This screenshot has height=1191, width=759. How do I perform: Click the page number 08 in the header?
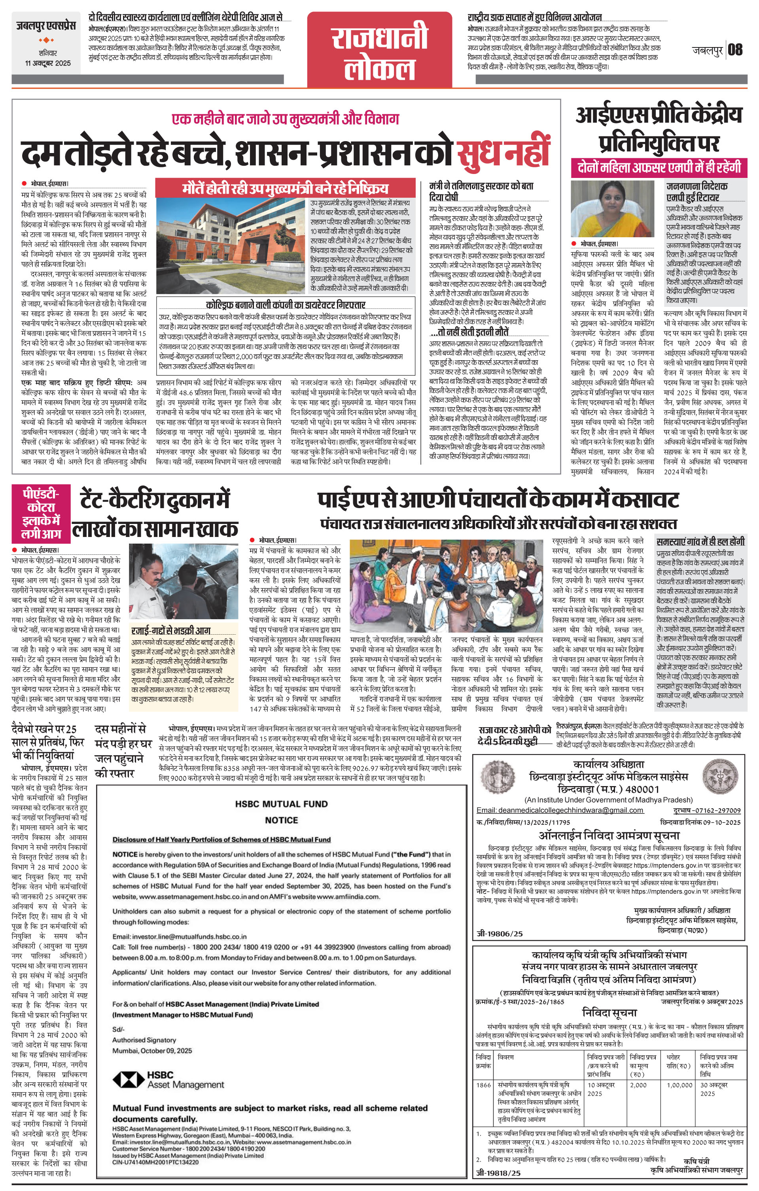coord(735,49)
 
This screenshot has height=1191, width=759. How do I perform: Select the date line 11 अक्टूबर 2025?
coord(48,63)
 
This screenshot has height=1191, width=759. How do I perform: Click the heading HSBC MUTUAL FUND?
coord(281,804)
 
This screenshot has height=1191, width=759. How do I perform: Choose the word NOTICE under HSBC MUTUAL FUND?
coord(281,820)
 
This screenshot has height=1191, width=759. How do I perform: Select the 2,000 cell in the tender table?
coord(638,1085)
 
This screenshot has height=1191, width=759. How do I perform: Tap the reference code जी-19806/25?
coord(499,934)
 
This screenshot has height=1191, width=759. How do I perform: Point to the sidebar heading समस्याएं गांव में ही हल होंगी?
coord(700,542)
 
